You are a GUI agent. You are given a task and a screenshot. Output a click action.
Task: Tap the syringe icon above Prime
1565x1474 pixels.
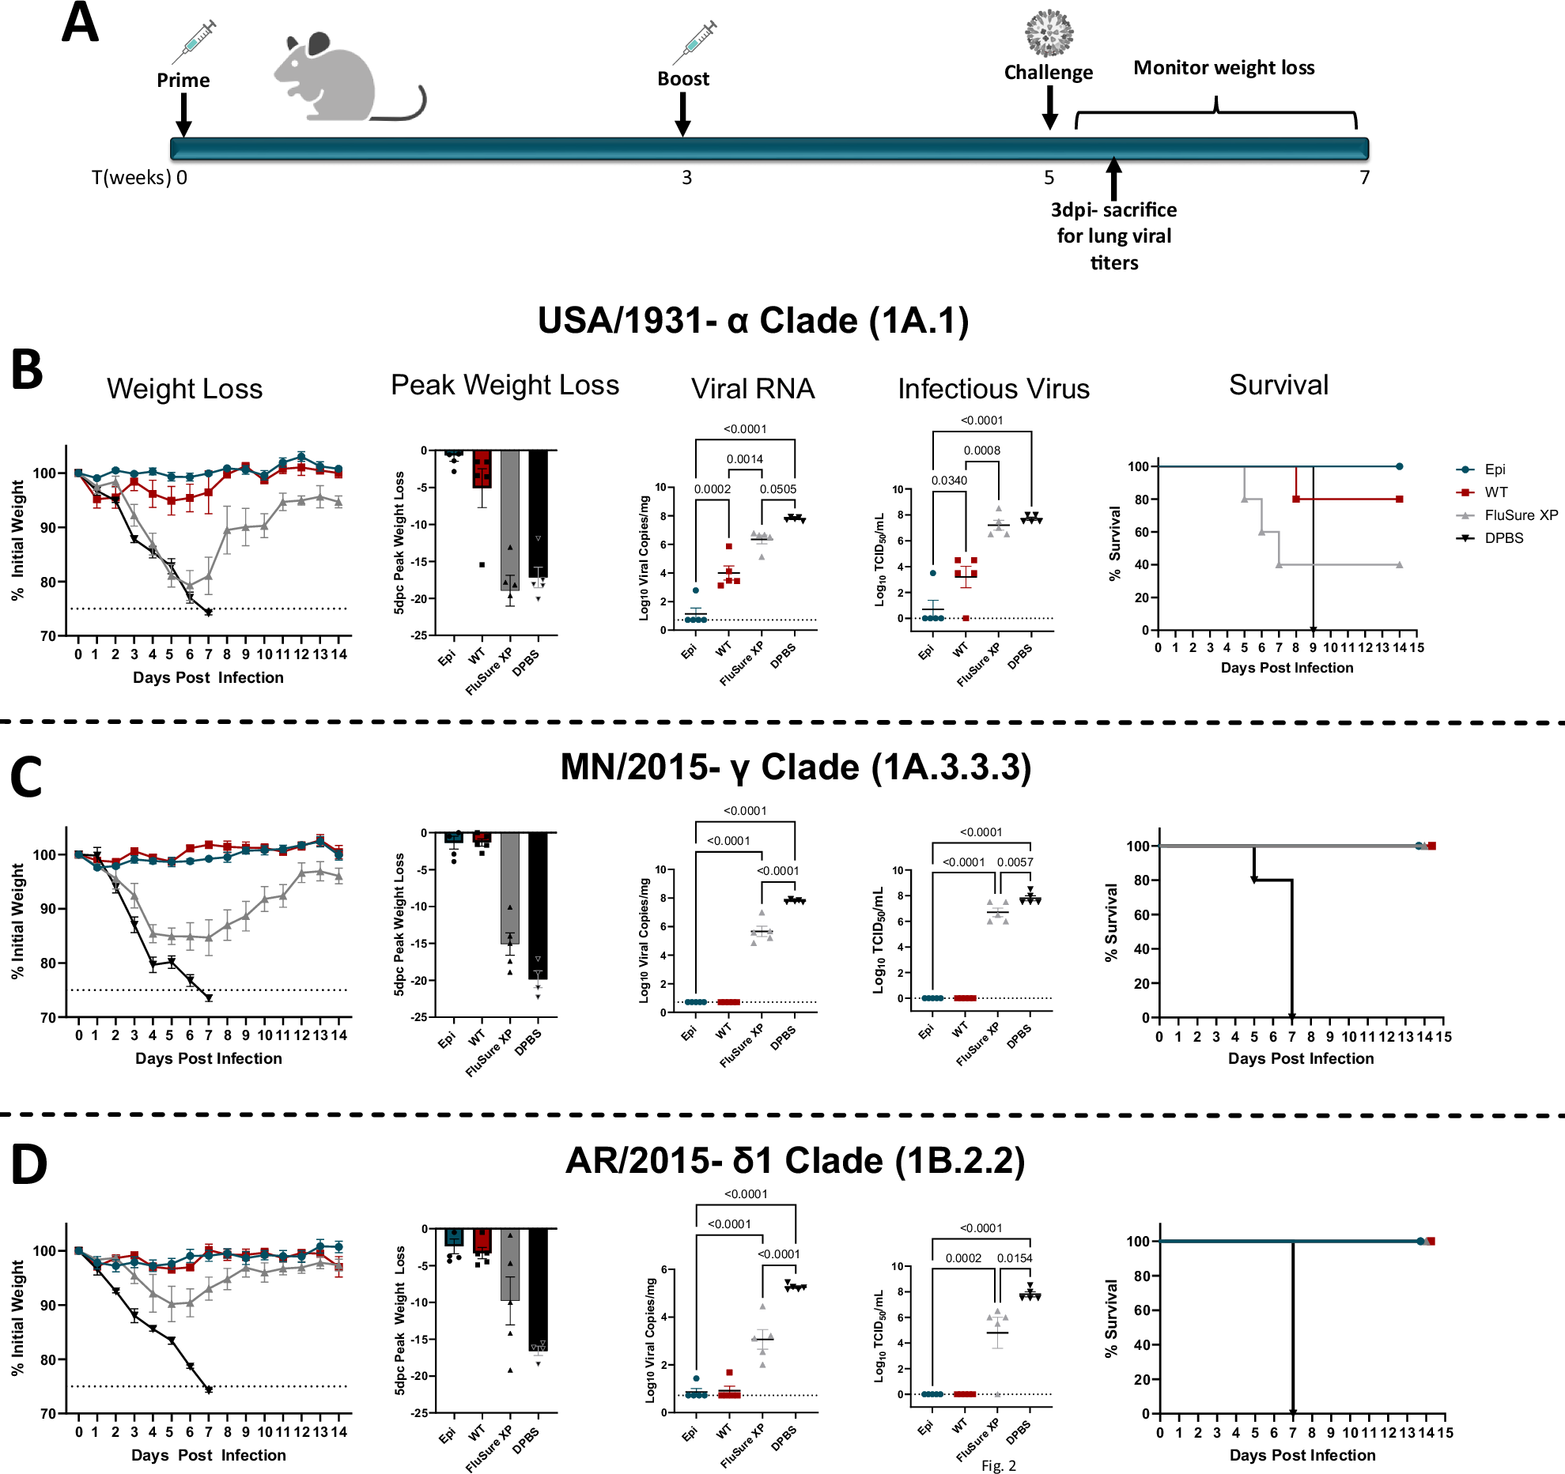195,42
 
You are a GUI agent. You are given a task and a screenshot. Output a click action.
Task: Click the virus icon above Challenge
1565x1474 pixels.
1049,33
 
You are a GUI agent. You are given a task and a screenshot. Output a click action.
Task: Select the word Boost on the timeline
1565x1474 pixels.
683,79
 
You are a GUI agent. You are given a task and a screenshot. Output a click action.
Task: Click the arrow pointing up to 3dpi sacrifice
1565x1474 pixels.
1113,178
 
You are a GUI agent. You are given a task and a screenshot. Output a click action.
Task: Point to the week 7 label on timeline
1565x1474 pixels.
1364,178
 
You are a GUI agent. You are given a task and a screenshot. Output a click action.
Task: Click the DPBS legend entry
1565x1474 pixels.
1503,538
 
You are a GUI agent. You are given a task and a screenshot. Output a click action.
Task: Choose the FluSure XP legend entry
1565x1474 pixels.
1520,515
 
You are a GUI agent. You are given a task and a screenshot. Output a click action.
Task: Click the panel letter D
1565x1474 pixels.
29,1165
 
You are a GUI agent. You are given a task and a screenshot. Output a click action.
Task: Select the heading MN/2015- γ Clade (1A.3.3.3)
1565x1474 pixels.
796,767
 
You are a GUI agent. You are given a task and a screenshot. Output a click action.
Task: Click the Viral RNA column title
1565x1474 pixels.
752,389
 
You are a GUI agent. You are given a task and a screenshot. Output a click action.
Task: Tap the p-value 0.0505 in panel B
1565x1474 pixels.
778,489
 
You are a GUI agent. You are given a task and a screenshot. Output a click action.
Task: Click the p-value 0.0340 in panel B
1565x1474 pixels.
949,481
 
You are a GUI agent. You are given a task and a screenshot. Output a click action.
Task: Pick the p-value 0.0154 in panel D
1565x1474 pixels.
1015,1258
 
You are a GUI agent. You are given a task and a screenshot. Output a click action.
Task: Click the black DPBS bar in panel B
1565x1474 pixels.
538,514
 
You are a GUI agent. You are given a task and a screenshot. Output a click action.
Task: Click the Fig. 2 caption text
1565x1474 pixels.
998,1465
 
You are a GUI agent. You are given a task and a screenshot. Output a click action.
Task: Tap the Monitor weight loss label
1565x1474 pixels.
1223,68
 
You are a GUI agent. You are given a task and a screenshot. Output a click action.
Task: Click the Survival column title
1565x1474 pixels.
1278,386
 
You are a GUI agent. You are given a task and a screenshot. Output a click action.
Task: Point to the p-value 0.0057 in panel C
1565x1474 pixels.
1015,862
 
